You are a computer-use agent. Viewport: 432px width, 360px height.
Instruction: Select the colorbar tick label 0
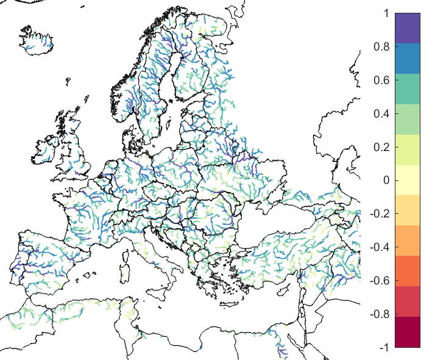click(x=386, y=180)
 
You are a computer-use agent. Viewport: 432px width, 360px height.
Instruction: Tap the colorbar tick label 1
click(x=386, y=13)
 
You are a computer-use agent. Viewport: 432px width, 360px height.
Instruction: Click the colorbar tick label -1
click(x=384, y=348)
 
